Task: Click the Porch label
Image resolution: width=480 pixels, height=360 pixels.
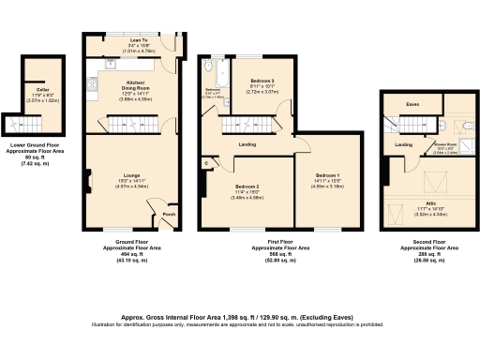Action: point(169,213)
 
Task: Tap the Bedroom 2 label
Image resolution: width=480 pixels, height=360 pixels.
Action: point(246,187)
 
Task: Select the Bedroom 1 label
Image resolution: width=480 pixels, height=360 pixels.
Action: point(327,175)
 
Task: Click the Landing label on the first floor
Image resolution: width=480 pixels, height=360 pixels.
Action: point(247,143)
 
